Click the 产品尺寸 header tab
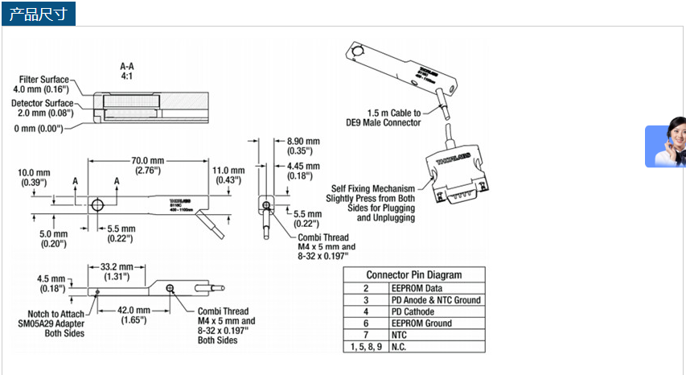[x=38, y=14]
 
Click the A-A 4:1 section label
[x=127, y=69]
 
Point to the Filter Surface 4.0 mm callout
[x=42, y=84]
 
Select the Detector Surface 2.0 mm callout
[x=42, y=109]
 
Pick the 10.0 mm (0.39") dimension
[x=34, y=178]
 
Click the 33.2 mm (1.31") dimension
[x=117, y=271]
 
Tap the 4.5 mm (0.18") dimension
[x=51, y=284]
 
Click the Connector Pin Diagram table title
[x=413, y=274]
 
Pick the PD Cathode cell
[x=413, y=311]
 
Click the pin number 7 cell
[x=365, y=335]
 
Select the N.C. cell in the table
[x=399, y=347]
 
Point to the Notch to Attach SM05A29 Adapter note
[x=53, y=323]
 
